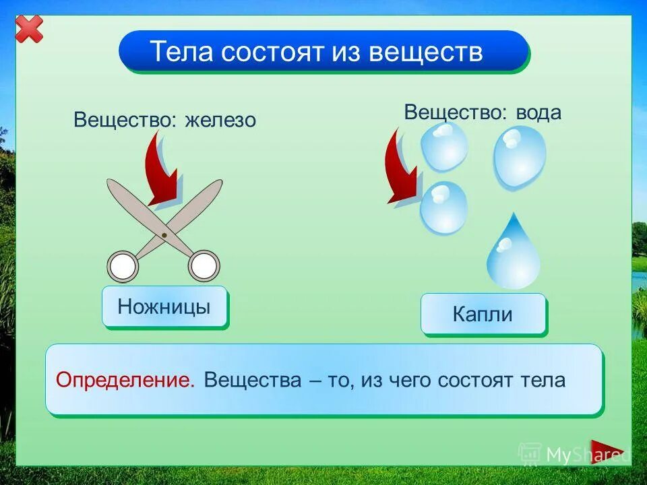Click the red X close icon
(29, 29)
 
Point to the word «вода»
(538, 112)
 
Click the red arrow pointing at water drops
(401, 168)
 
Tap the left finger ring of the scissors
(123, 267)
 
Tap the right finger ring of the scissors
(203, 266)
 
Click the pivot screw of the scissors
(164, 234)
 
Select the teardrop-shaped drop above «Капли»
(514, 254)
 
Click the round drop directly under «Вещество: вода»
(444, 145)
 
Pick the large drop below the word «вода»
(519, 157)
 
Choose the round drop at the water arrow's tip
(443, 207)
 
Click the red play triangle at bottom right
(606, 452)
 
